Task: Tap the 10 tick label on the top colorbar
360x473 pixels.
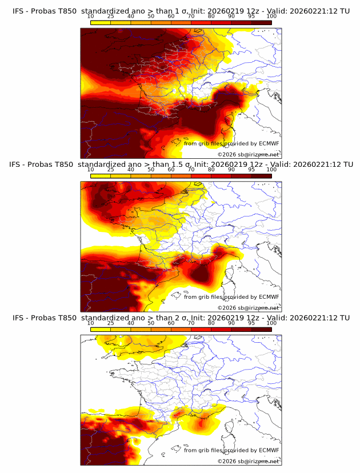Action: (90, 17)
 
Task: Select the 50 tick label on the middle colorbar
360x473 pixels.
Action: (151, 170)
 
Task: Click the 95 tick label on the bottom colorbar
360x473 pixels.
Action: (251, 323)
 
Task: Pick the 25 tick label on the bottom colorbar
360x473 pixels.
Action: (110, 323)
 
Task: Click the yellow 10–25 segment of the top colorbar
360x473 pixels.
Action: (101, 22)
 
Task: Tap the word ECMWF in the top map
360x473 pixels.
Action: (269, 143)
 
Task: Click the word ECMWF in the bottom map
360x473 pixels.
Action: (269, 450)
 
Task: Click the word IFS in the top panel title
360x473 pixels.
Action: (18, 11)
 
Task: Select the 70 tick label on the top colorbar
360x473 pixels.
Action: (191, 17)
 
